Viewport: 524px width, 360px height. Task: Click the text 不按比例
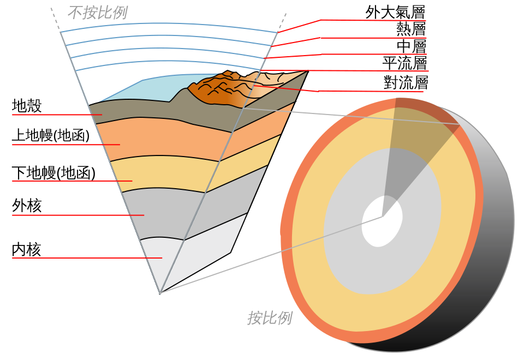[x=97, y=13]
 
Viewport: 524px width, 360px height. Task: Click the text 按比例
[x=270, y=318]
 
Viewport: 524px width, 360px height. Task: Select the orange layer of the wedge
[x=164, y=142]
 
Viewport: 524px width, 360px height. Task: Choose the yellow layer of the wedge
[x=164, y=172]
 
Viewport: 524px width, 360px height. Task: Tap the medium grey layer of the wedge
[x=164, y=213]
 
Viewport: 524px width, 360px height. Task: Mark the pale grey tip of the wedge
[x=164, y=262]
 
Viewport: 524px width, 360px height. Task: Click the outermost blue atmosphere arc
[x=164, y=24]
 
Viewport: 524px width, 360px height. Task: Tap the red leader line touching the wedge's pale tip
[x=82, y=257]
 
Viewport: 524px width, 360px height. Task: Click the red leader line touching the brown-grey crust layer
[x=55, y=115]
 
